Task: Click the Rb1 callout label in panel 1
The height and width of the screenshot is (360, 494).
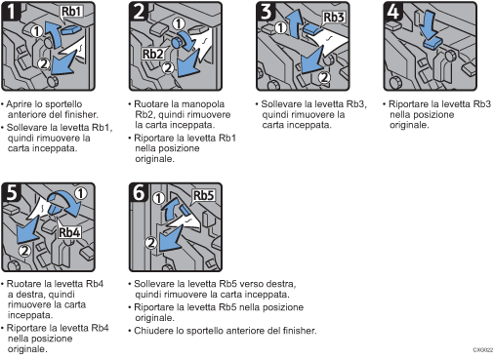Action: click(x=71, y=12)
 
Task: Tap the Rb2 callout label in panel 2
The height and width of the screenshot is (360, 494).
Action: click(x=152, y=54)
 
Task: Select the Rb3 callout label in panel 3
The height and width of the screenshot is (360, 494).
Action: click(x=334, y=17)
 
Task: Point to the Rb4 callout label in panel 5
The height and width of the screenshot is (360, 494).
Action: click(x=69, y=232)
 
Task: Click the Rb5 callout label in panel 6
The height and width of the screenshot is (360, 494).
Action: click(x=204, y=196)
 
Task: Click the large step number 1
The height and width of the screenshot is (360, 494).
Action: click(x=12, y=12)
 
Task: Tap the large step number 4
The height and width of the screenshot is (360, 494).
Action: click(x=393, y=12)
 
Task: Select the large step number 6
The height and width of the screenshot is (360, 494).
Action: click(x=139, y=192)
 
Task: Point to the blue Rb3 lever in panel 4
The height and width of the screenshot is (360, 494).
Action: click(x=432, y=43)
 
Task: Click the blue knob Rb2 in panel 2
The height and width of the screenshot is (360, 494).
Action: click(x=177, y=43)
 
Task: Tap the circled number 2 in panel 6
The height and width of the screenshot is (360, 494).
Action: click(x=151, y=243)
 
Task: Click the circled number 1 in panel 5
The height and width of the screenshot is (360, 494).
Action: click(x=80, y=193)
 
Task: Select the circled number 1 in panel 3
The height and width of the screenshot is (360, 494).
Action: click(x=281, y=27)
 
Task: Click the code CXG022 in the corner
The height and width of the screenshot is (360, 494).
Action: click(x=483, y=350)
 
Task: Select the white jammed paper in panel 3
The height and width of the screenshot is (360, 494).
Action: click(x=329, y=42)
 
